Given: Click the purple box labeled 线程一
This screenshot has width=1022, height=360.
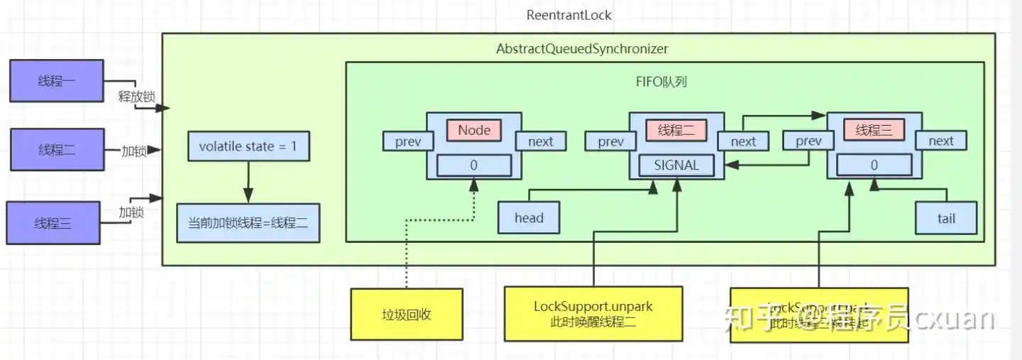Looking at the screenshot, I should point(57,81).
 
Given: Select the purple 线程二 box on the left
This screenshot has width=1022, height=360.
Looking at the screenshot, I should point(57,150).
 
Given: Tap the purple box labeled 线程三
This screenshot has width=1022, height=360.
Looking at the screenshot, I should point(53,223).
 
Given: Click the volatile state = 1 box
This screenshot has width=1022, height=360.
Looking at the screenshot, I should point(248,146).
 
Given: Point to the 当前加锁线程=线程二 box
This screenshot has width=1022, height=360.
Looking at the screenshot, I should point(248,222).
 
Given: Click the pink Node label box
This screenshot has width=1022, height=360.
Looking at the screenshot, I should point(473,130).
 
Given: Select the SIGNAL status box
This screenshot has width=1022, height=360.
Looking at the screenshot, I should point(676,165).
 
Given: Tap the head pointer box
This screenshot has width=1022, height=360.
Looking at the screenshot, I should point(529,218).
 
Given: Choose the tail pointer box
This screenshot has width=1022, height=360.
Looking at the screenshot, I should point(946,218).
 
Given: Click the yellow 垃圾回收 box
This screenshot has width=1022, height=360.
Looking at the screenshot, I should point(406,314).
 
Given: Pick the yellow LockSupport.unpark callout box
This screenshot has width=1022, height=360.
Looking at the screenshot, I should point(593,314).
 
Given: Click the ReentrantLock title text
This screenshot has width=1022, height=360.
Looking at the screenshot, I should point(568,15).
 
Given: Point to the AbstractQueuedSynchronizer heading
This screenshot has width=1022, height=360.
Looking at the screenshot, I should point(582,50).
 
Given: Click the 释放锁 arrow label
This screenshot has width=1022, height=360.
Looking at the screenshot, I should point(136,96).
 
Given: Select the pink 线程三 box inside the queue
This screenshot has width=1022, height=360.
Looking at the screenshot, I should point(874,130).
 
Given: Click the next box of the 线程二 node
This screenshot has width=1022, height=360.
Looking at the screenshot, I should point(743,141).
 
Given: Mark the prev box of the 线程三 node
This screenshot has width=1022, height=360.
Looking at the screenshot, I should point(808,141).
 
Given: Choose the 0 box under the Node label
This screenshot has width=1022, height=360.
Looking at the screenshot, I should point(473,165).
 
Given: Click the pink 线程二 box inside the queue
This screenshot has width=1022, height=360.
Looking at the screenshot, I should point(676,130).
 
